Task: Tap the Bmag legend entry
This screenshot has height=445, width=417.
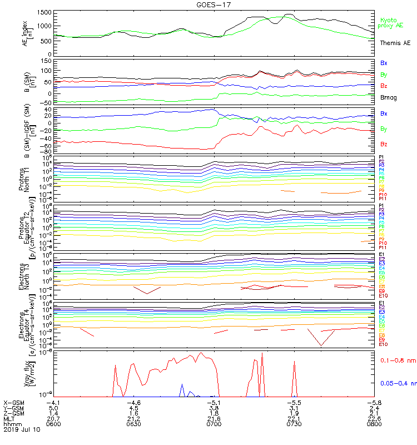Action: [388, 97]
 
